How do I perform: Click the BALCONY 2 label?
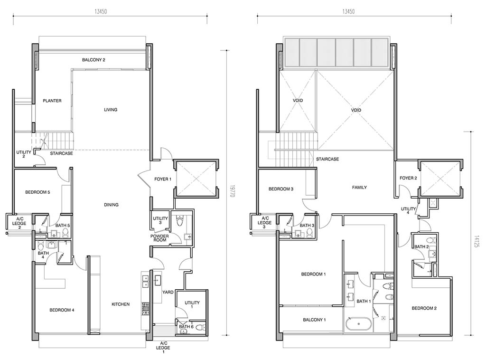coord(93,60)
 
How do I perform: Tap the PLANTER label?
coord(52,101)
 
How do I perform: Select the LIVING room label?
coord(111,109)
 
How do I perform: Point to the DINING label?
coord(111,205)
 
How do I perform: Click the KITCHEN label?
coord(121,304)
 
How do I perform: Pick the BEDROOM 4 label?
coord(62,310)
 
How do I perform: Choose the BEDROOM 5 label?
coord(37,192)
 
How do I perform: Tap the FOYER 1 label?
coord(163,179)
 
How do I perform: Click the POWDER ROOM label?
coord(159,238)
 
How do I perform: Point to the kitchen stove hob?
coord(145,309)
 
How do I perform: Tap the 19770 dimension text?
coord(232,192)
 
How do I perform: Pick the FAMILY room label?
coord(359,188)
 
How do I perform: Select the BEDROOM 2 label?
coord(424,308)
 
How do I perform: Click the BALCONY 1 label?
coord(314,320)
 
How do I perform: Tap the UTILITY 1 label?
coord(192,304)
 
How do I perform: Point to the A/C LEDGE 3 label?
coord(264,223)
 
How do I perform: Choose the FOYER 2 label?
coord(408,178)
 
